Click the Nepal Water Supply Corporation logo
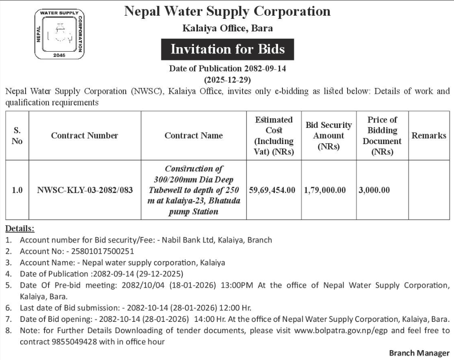59,35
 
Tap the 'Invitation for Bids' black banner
227,49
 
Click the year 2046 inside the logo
59,55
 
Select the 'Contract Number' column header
84,136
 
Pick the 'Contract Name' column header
194,136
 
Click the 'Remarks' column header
429,136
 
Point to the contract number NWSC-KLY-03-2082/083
85,190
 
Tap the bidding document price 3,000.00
375,190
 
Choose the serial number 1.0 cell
17,190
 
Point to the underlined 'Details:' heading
20,228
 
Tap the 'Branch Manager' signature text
419,353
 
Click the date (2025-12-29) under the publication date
227,80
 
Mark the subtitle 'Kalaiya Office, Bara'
227,28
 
